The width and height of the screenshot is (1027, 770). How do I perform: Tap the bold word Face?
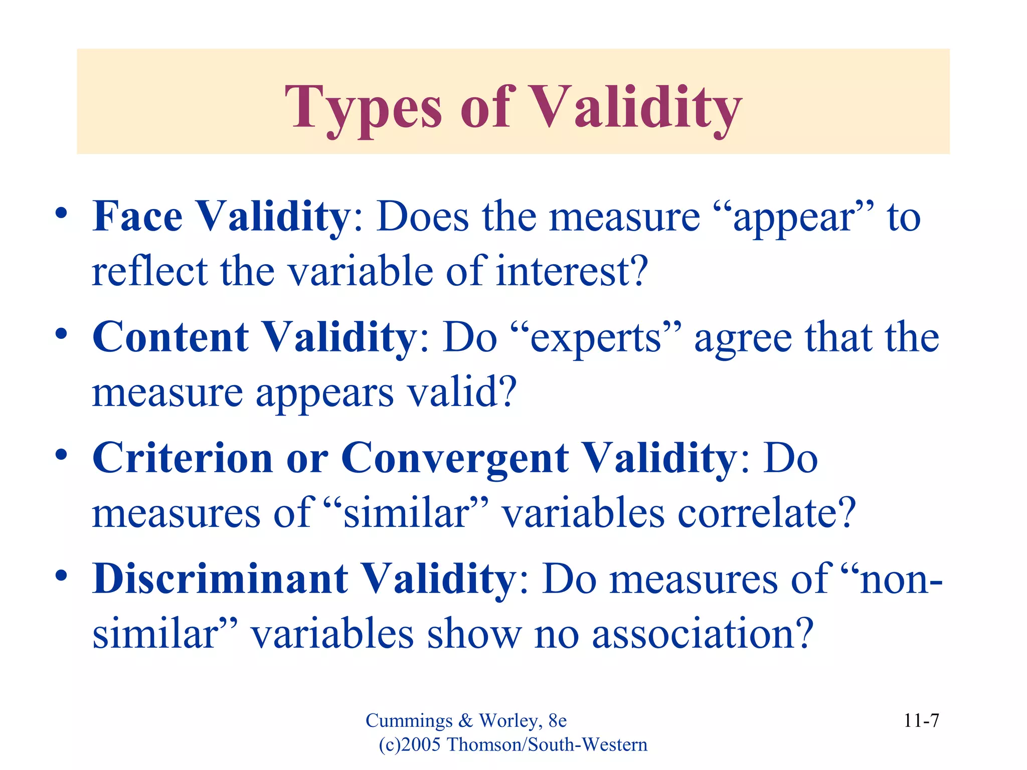click(138, 217)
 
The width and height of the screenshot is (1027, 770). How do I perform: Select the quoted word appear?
click(792, 218)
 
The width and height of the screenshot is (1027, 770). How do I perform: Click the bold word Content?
click(170, 337)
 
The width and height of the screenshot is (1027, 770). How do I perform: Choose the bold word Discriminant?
click(221, 579)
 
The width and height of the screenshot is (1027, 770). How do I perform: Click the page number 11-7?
click(921, 721)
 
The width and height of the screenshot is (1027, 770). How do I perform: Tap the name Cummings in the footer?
click(409, 721)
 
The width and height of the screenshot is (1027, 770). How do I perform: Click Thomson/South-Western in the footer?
click(547, 745)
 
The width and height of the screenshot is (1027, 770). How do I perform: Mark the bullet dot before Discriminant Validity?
click(61, 576)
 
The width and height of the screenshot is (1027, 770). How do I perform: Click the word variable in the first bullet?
click(361, 271)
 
